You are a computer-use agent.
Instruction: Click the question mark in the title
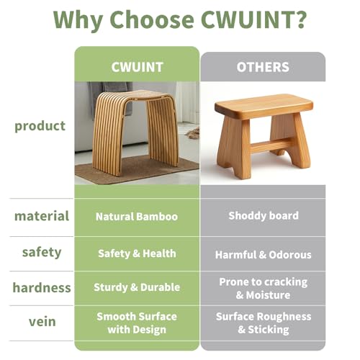(x=298, y=19)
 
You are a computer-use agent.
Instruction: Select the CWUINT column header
(x=138, y=67)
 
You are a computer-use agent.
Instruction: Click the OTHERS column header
(x=263, y=67)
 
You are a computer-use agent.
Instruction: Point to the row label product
(x=40, y=126)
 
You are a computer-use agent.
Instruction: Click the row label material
(x=42, y=216)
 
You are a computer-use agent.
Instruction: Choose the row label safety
(x=42, y=253)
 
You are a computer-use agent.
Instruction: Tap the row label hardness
(x=42, y=287)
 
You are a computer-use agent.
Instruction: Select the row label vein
(x=42, y=322)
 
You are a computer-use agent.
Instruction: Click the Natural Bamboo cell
(x=137, y=217)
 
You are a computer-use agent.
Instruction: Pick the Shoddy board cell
(x=264, y=216)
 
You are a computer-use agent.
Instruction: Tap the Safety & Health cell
(x=137, y=253)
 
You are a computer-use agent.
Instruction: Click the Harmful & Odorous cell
(x=264, y=255)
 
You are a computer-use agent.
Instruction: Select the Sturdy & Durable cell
(x=137, y=287)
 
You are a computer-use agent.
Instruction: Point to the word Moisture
(x=268, y=295)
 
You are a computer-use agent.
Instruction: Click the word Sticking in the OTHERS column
(x=269, y=330)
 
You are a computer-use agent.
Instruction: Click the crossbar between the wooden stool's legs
(x=272, y=145)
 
